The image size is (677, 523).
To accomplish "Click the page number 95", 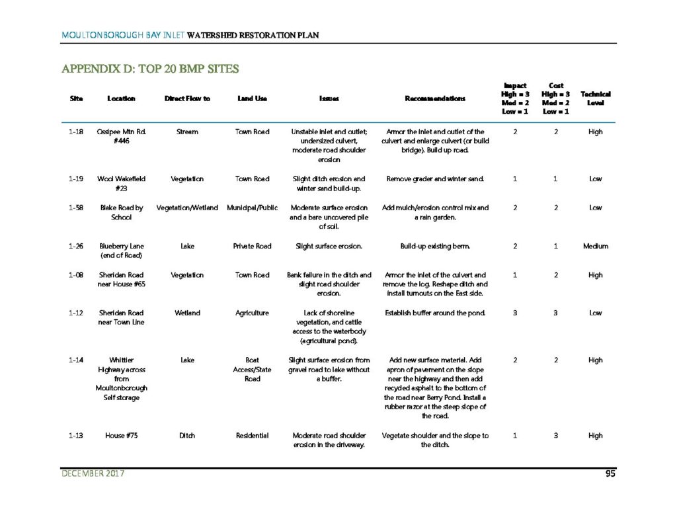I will [x=612, y=473].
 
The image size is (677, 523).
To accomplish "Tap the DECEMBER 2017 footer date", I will [x=93, y=473].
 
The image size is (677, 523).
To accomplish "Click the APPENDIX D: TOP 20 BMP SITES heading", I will [x=150, y=69].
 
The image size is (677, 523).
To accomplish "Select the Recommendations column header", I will [x=434, y=99].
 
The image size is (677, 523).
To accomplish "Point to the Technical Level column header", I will [x=595, y=99].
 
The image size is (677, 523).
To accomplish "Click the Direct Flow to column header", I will [x=187, y=99].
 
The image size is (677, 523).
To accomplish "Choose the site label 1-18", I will [x=75, y=132].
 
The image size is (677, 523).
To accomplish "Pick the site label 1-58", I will [x=75, y=208].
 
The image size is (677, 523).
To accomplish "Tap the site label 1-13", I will [x=75, y=436].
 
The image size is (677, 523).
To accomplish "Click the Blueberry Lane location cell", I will [x=122, y=251].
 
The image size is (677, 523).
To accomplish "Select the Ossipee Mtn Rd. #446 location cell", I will [x=122, y=136].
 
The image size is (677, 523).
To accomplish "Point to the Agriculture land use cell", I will [x=252, y=313].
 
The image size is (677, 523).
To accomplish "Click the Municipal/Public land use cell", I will [x=252, y=208].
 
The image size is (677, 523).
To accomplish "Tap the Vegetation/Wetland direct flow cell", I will [x=187, y=208].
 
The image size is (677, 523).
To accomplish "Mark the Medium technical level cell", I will [x=595, y=246].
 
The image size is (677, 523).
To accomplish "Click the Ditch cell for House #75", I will [x=187, y=436].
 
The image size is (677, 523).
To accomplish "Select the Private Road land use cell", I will [x=252, y=246].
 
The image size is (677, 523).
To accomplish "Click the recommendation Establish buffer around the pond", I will [x=434, y=313].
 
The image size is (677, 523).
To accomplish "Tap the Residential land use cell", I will [x=252, y=436].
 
